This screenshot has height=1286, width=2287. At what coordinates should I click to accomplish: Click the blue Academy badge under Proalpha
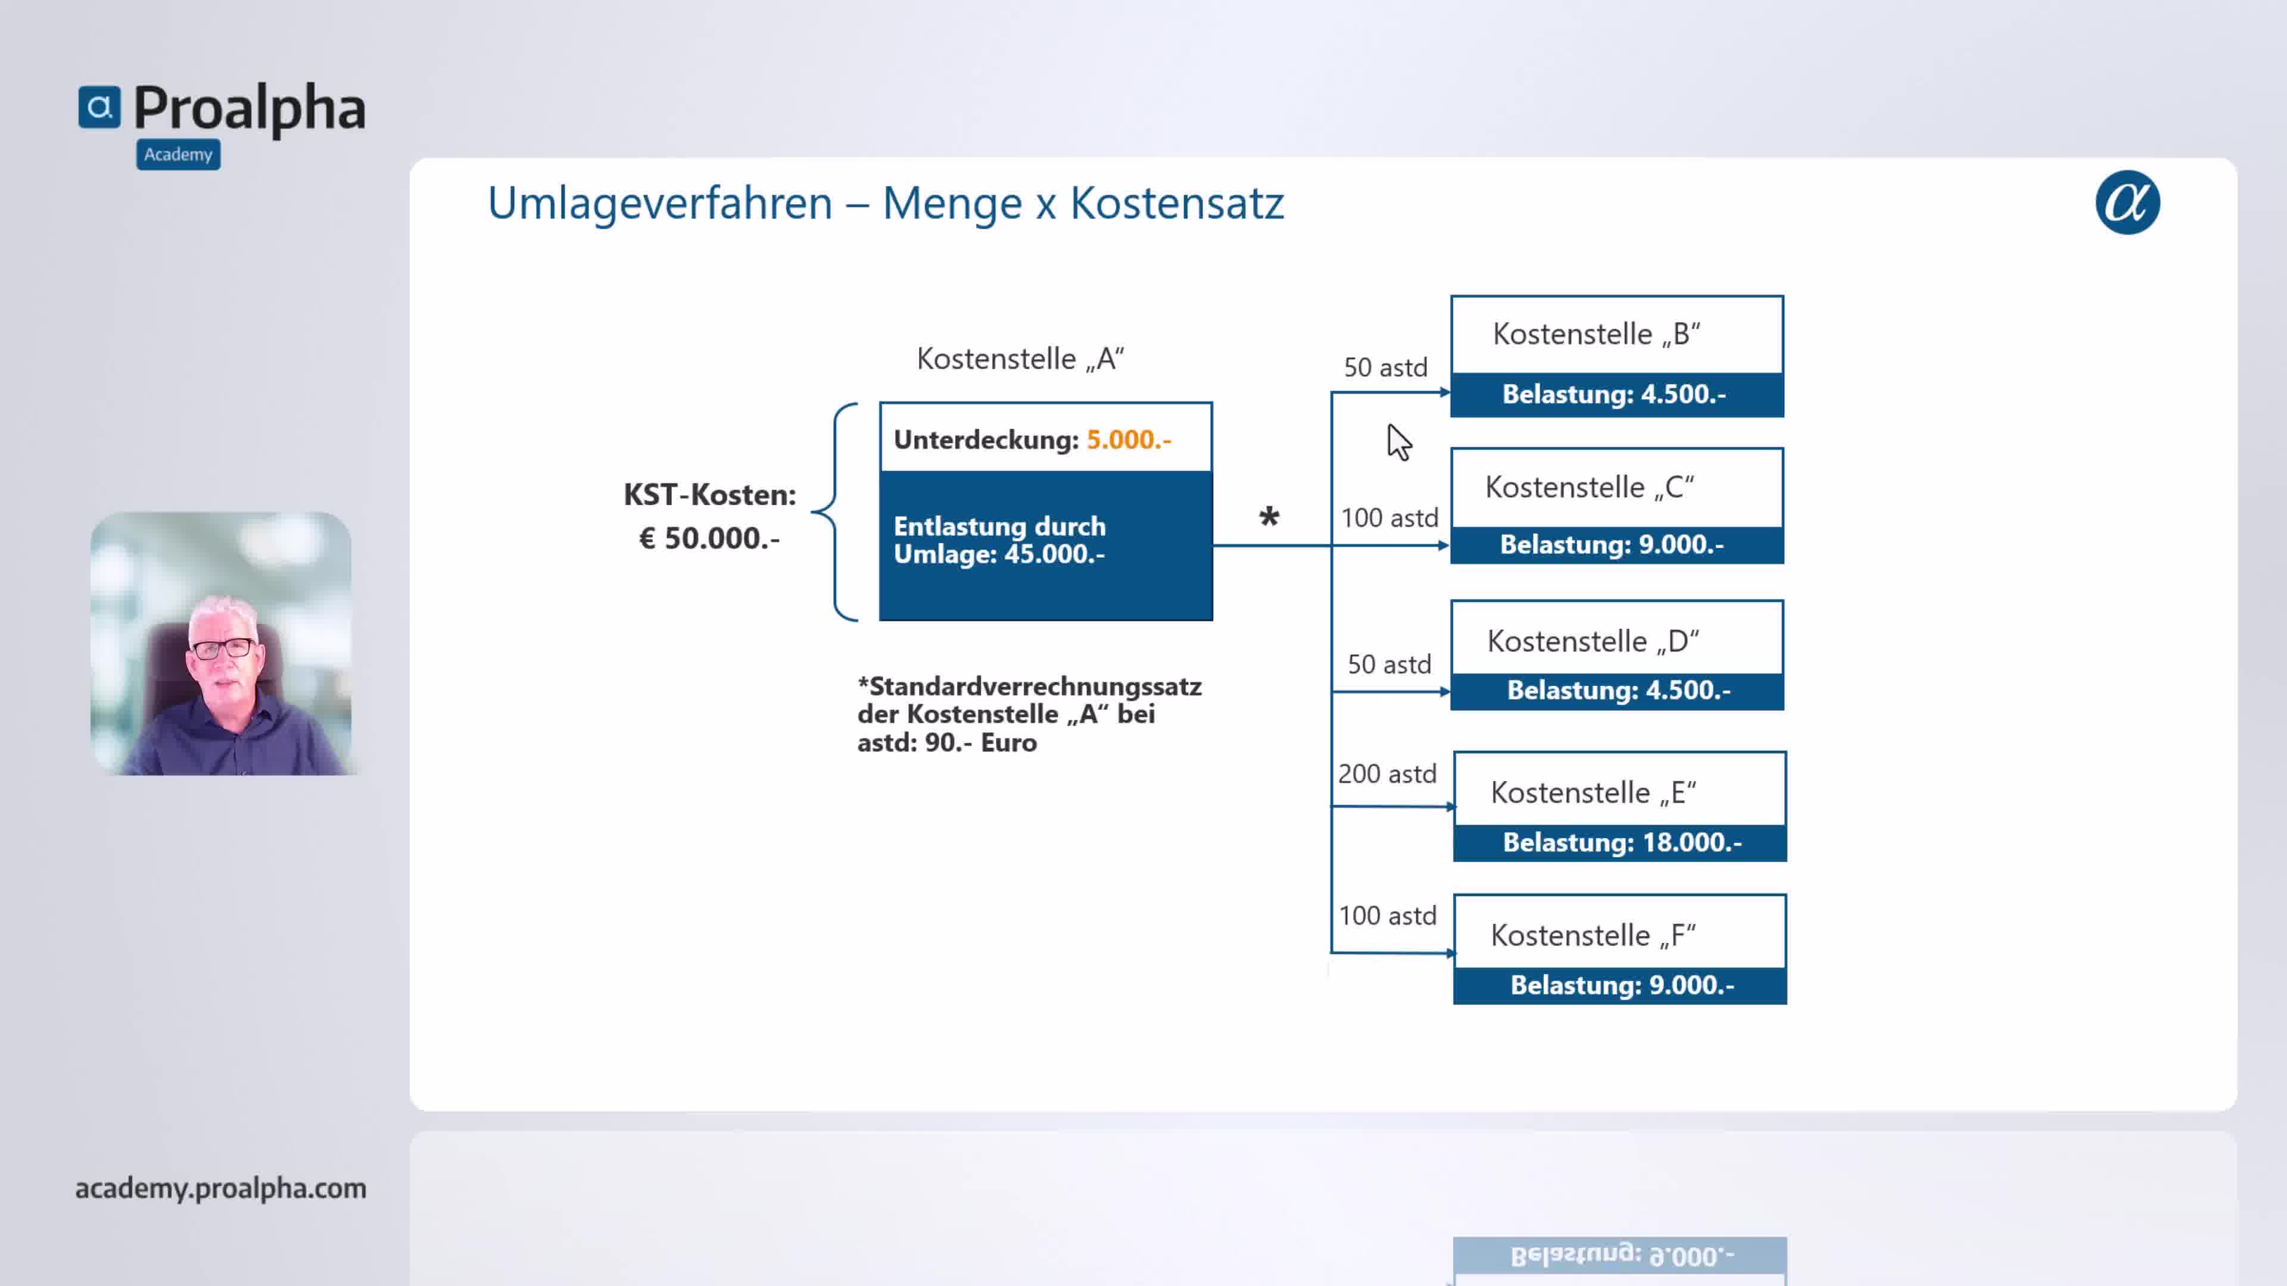tap(179, 154)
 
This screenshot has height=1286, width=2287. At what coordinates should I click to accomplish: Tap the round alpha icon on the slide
tap(2127, 202)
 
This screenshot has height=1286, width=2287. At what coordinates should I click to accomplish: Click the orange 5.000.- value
tap(1129, 439)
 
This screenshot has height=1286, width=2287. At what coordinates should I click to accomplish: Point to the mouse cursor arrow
tap(1398, 442)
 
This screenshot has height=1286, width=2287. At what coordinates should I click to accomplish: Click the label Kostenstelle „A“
tap(1020, 358)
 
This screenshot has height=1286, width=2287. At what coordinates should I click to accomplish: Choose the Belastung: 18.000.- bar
tap(1620, 843)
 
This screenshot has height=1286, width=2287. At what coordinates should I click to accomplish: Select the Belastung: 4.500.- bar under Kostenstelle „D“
tap(1618, 691)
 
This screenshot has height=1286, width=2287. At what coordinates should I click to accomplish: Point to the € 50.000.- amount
tap(709, 538)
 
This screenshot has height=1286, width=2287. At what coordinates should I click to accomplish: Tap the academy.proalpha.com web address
tap(221, 1188)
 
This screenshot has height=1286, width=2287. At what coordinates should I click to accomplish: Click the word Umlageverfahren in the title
tap(660, 203)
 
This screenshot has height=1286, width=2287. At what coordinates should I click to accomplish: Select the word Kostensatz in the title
tap(1176, 203)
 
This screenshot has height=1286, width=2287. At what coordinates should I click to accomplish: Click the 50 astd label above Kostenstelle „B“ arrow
tap(1385, 367)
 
